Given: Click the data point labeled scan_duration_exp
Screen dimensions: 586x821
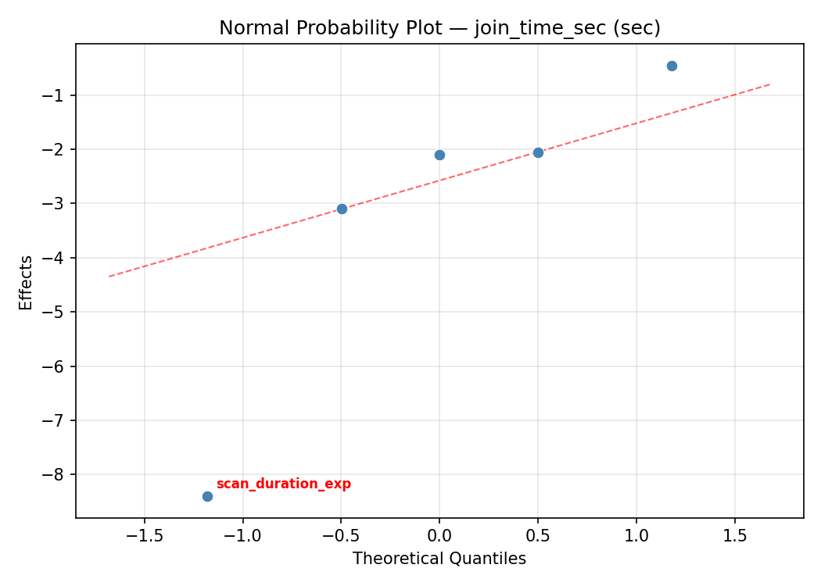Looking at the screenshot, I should [x=207, y=496].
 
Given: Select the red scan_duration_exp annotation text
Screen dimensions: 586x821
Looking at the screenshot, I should [x=283, y=484].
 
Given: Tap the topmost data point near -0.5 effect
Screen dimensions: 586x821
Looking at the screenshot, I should [x=672, y=66].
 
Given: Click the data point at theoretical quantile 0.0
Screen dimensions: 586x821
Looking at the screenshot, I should [x=439, y=155].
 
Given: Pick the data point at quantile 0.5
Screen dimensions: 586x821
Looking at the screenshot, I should [x=538, y=152].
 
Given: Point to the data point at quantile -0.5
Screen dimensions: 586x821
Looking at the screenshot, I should [x=342, y=209].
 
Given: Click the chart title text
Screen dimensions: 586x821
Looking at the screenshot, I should [x=439, y=28].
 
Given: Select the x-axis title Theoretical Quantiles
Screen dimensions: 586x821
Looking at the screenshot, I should [x=439, y=559].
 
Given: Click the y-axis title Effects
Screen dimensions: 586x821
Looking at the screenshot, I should [x=27, y=282].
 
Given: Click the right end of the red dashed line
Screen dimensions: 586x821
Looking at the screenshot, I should [x=770, y=84].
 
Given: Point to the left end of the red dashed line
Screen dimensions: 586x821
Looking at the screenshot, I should [x=109, y=276].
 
